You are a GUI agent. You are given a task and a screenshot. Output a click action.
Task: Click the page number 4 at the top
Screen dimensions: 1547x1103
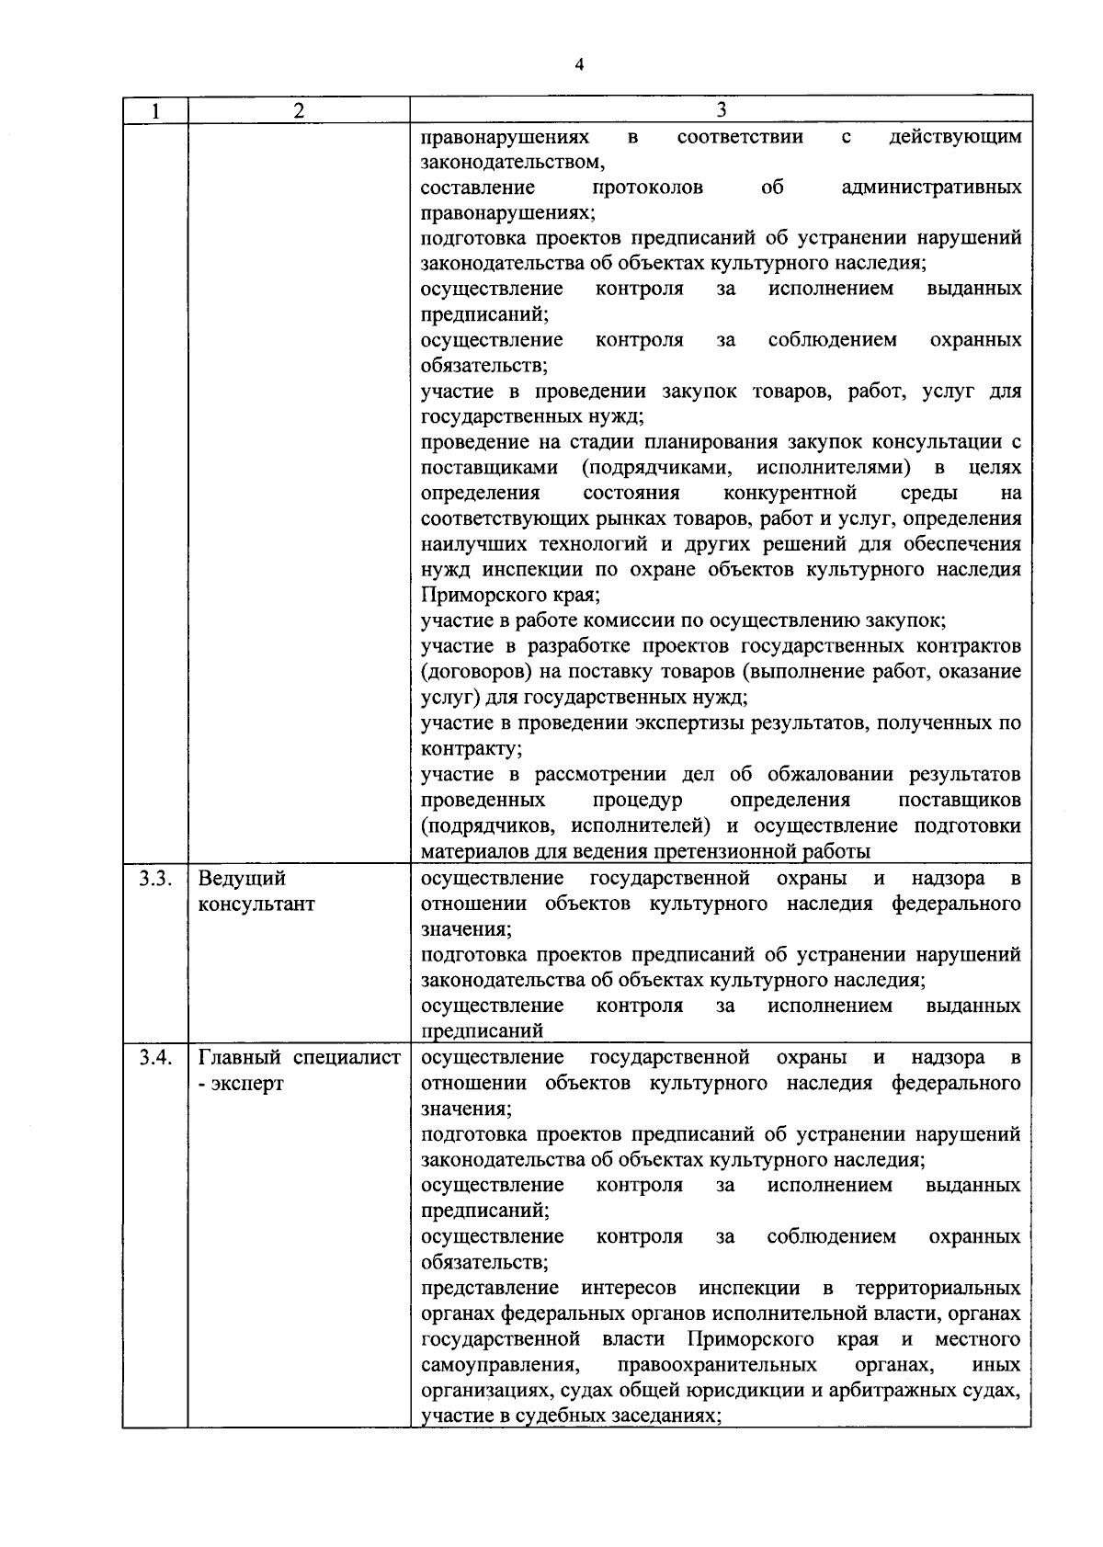(x=578, y=65)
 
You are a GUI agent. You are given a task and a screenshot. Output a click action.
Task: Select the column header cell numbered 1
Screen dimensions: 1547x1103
(x=155, y=111)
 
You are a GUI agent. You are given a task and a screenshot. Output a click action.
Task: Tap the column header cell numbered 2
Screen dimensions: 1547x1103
(x=298, y=111)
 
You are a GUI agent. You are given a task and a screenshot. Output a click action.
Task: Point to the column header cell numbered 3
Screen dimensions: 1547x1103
(x=721, y=110)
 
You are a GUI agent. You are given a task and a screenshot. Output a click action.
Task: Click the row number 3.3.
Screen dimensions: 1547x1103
(x=155, y=878)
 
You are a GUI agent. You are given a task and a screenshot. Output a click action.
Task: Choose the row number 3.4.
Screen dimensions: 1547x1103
(x=155, y=1057)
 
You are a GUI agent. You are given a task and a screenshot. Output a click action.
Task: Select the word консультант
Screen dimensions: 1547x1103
(x=256, y=904)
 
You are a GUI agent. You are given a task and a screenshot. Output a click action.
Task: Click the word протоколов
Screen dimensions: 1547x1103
(x=648, y=188)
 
